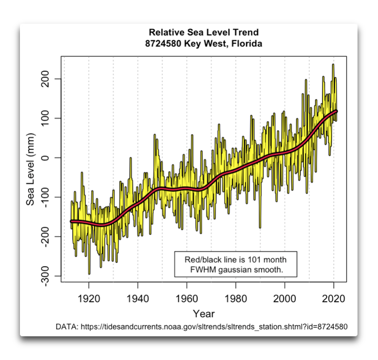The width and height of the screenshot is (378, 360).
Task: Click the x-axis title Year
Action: tap(204, 314)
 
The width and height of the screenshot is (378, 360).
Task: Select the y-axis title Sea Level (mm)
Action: tap(31, 167)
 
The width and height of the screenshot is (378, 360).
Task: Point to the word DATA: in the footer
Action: tap(67, 327)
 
